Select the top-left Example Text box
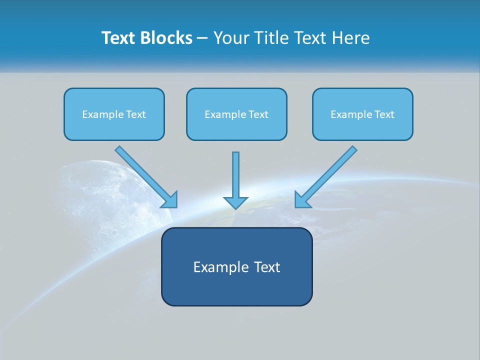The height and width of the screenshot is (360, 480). pos(114,114)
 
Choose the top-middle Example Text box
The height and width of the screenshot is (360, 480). pos(236,114)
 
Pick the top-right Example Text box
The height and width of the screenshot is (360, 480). pos(362,114)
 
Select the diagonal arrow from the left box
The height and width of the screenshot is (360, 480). pos(145,175)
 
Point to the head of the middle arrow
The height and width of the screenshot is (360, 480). pos(235,202)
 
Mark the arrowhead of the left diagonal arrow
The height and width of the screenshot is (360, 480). pos(170,200)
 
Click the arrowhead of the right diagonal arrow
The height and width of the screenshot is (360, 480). pos(302,200)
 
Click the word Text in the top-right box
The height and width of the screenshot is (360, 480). pos(384,114)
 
